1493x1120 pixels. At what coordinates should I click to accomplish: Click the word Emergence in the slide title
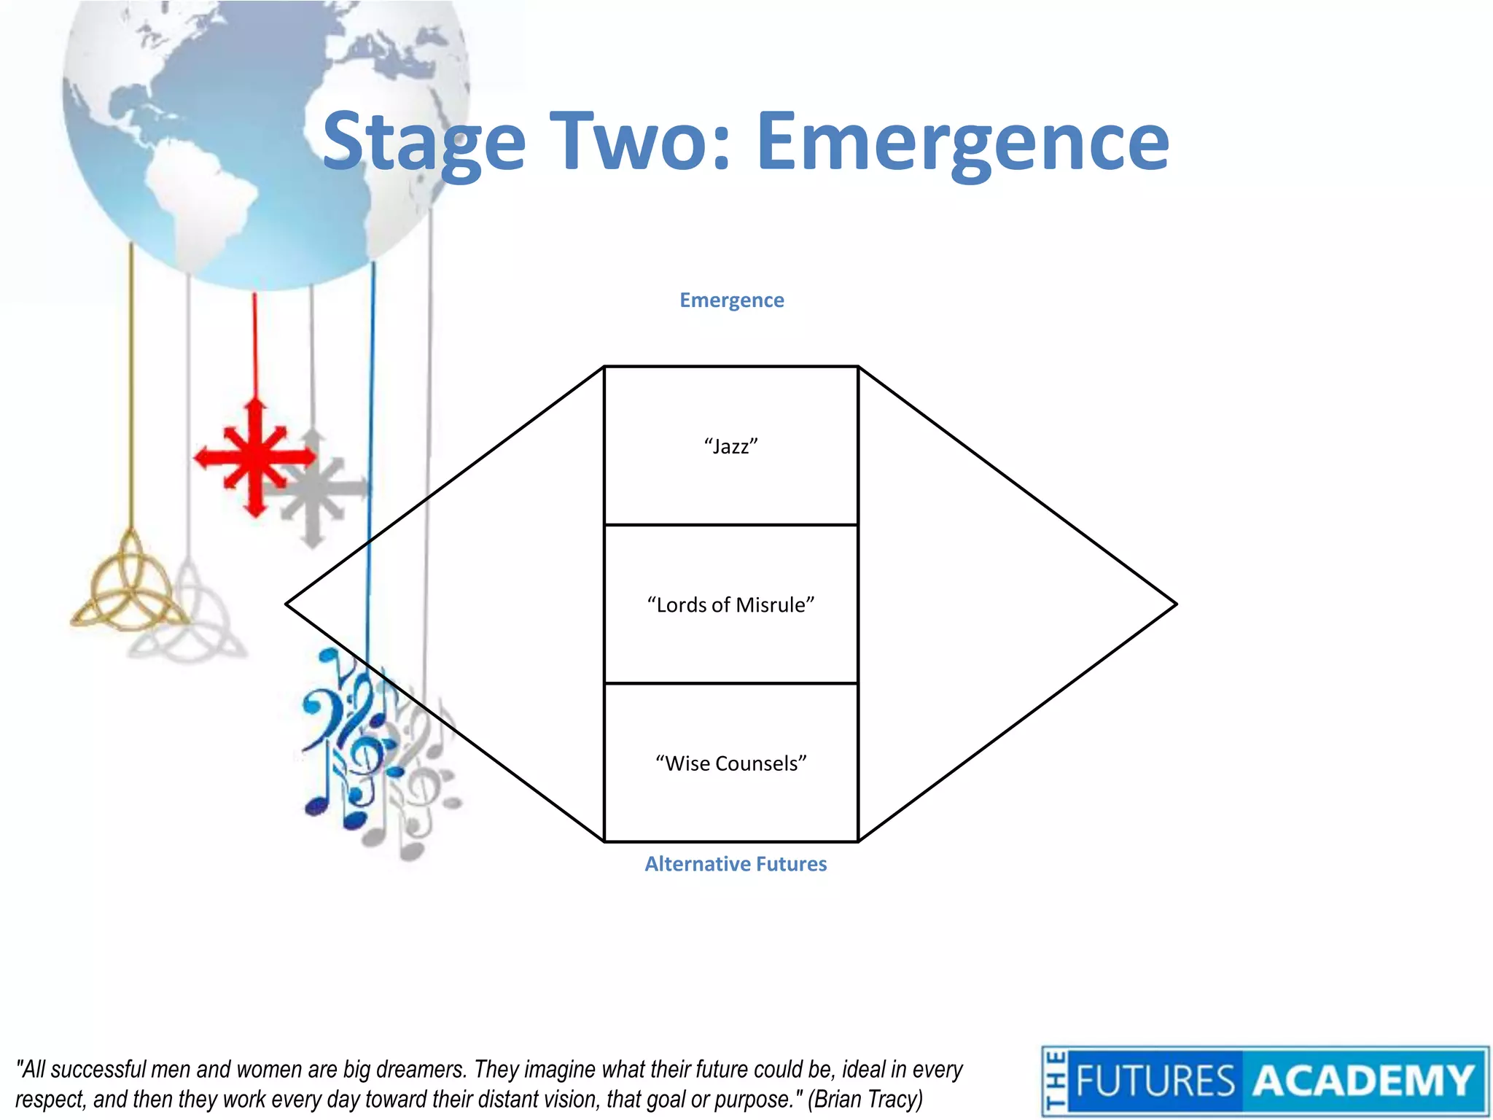pyautogui.click(x=962, y=142)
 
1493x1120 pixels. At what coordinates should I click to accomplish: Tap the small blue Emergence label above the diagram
pyautogui.click(x=731, y=300)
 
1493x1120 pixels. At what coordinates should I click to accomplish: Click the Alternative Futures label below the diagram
pyautogui.click(x=736, y=864)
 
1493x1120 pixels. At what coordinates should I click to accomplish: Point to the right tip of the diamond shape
pyautogui.click(x=1174, y=604)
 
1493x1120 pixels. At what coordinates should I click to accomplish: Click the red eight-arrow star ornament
pyautogui.click(x=254, y=458)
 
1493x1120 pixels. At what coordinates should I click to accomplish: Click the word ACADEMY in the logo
pyautogui.click(x=1363, y=1081)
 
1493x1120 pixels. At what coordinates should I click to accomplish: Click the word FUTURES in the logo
pyautogui.click(x=1155, y=1081)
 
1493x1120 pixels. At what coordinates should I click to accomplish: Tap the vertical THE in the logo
pyautogui.click(x=1054, y=1081)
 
